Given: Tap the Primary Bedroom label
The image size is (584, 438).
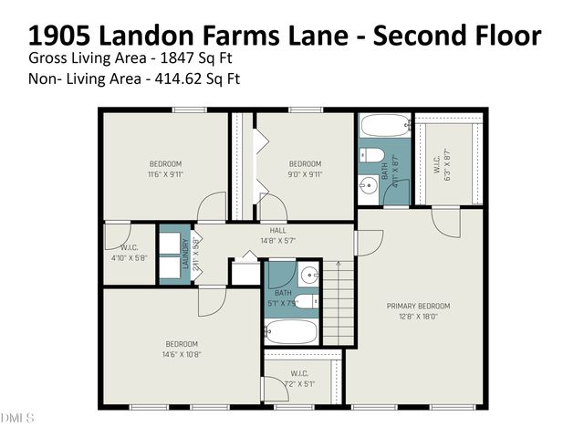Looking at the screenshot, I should (419, 306).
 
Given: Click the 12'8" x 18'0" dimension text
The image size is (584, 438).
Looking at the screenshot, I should (419, 317).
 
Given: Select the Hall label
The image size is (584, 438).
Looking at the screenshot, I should (278, 230).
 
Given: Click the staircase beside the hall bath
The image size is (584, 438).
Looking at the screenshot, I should (336, 301).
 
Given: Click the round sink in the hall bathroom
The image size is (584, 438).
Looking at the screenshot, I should (308, 275).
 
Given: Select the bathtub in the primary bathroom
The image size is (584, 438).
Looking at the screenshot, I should (383, 126).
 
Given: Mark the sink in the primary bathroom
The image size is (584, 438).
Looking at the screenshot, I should (370, 187).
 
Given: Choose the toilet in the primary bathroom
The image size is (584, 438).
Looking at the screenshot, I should (372, 155).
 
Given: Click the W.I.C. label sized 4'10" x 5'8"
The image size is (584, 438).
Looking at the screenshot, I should (128, 247).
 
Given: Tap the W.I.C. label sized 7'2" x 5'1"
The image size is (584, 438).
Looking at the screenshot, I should (298, 373).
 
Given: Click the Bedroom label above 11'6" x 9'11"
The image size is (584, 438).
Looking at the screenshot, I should (165, 163).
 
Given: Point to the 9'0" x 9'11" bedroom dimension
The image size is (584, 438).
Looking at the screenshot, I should (305, 174).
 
